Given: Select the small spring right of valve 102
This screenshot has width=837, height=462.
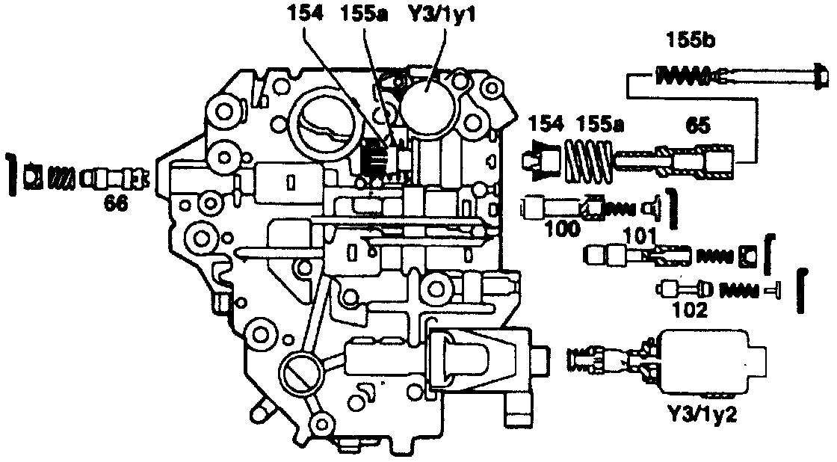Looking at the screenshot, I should [x=743, y=289].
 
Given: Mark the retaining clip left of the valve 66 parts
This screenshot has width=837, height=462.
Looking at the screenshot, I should [x=11, y=176].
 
